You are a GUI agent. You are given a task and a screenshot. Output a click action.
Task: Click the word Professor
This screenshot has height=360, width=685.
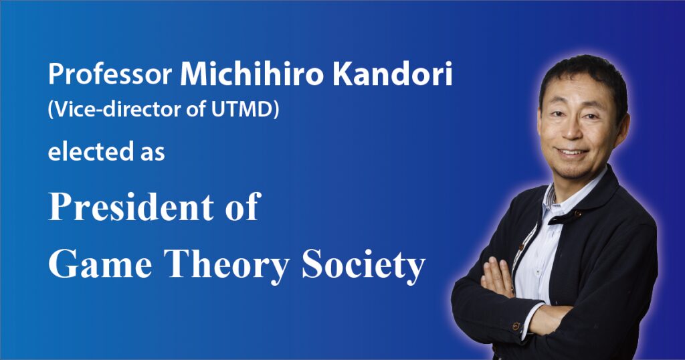tap(110, 74)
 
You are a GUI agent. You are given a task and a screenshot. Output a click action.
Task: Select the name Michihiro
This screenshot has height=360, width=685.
tap(252, 74)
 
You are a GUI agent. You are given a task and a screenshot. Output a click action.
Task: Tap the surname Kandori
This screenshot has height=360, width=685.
tap(392, 74)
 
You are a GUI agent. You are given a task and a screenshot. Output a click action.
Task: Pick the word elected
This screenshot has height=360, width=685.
tap(91, 152)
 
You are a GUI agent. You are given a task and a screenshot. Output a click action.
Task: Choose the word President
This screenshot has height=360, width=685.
tap(131, 207)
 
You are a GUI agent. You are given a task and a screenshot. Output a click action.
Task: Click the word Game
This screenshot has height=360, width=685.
tap(100, 264)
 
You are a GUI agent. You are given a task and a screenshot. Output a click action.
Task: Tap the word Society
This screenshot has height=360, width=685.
tap(363, 265)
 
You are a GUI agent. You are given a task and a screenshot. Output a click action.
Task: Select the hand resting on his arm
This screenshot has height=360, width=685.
tap(498, 277)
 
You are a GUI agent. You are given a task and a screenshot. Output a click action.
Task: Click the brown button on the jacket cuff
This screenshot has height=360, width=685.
tap(516, 326)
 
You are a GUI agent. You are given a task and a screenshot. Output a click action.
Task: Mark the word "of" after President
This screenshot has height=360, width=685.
tap(243, 207)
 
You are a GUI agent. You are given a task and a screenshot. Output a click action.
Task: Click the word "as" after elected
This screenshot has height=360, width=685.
tap(153, 153)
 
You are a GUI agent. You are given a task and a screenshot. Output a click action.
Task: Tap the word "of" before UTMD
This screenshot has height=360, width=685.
tap(196, 109)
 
